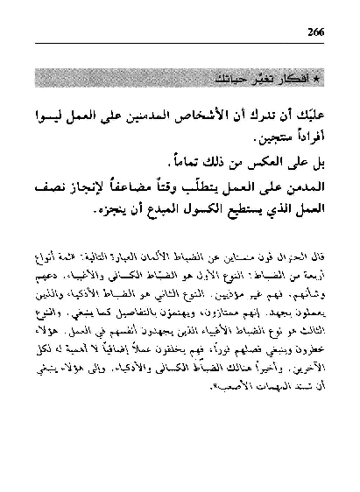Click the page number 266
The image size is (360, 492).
[x=320, y=32]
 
